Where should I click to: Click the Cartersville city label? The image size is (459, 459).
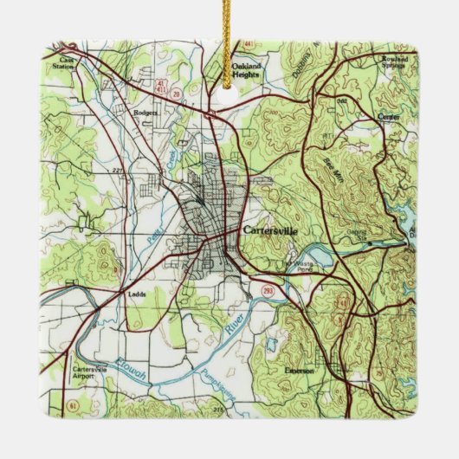coord(270,231)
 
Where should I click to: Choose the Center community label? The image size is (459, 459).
coord(390,116)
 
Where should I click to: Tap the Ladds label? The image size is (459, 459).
coord(136,293)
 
